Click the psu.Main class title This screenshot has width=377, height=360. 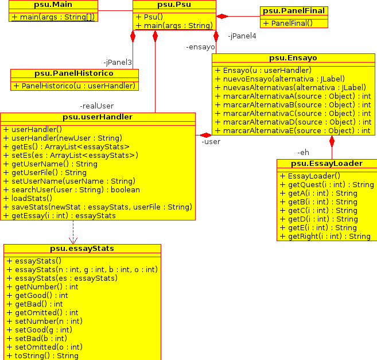(x=49, y=5)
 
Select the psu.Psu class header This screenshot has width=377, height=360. (x=174, y=5)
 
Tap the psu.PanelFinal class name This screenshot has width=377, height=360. (x=294, y=11)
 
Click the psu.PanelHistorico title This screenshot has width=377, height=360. (x=74, y=73)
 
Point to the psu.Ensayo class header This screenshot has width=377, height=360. (x=293, y=58)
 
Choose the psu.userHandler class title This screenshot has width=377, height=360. (x=98, y=117)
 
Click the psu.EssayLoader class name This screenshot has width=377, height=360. (x=327, y=164)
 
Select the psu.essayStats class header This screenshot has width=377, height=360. (x=82, y=249)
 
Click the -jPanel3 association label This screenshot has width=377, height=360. (x=118, y=62)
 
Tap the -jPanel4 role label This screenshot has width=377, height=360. (x=242, y=36)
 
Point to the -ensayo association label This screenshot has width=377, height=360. (x=200, y=47)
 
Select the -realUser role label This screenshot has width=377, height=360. (x=96, y=106)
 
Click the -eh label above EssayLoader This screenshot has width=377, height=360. (x=303, y=153)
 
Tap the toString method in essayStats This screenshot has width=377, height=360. (x=42, y=356)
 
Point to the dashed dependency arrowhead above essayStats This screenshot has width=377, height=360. (x=73, y=239)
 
